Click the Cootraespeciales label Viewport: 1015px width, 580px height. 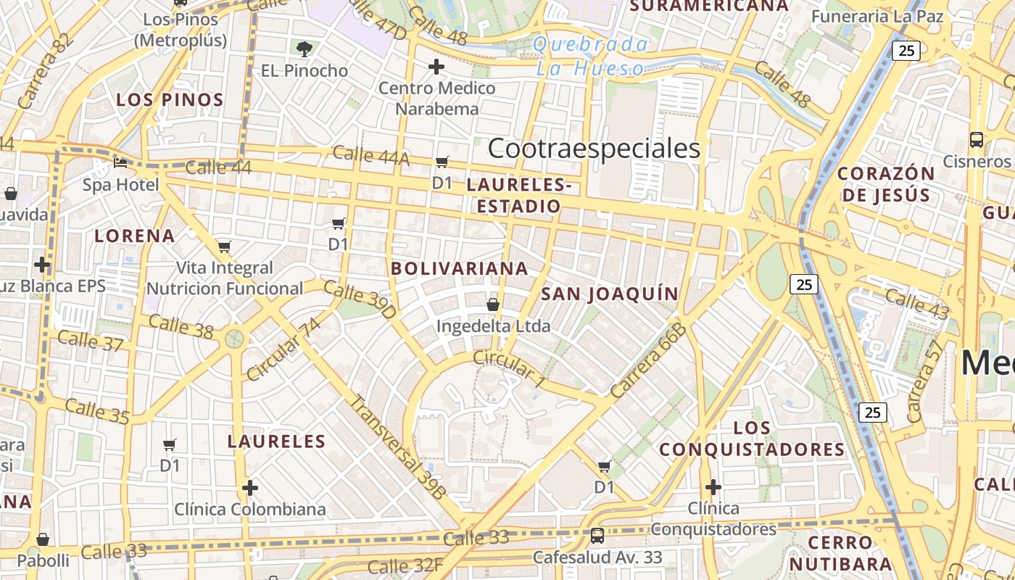[594, 149]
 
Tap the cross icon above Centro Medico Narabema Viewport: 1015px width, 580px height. [436, 67]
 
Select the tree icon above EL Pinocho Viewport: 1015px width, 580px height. [304, 49]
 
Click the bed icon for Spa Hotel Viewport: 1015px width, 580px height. [120, 162]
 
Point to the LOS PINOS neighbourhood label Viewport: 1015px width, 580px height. [170, 99]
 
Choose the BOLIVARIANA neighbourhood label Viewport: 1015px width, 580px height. [460, 268]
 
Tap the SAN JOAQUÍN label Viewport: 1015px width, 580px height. [610, 294]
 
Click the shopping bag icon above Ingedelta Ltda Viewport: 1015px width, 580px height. [493, 304]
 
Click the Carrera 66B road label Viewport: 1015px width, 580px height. [647, 361]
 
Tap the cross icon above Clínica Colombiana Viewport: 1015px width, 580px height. [250, 488]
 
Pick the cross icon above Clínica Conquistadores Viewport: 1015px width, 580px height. [713, 486]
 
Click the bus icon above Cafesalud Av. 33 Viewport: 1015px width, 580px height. [597, 536]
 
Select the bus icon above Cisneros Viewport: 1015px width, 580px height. [977, 140]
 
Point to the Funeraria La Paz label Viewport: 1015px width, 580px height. [877, 16]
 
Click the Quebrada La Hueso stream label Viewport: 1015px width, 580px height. [591, 57]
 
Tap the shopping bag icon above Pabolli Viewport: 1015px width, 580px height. [43, 539]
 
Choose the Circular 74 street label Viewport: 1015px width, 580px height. [283, 349]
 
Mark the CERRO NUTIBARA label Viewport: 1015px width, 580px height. [840, 552]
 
